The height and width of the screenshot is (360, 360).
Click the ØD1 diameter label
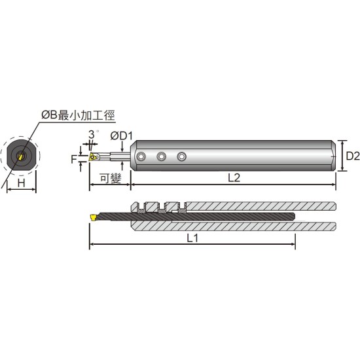point(122,136)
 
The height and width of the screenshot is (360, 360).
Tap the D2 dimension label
point(353,156)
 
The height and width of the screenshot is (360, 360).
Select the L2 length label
point(234,177)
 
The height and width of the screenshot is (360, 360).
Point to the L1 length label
point(192,238)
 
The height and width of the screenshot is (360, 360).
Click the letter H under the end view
point(22,183)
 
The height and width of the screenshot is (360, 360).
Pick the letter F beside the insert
point(74,159)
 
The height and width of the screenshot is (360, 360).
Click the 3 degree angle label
point(92,135)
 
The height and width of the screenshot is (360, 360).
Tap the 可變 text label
point(111,178)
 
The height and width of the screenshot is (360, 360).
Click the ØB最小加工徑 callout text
point(78,115)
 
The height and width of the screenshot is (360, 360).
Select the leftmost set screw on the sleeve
point(141,157)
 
